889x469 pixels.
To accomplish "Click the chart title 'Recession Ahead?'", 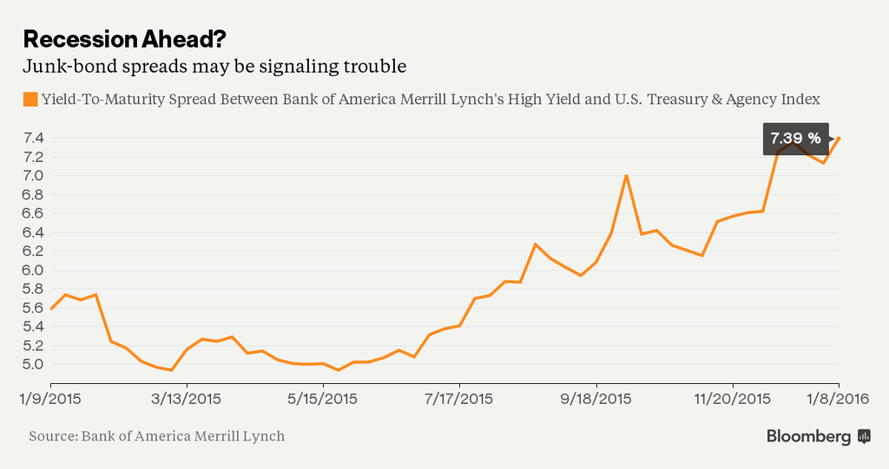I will point(128,39).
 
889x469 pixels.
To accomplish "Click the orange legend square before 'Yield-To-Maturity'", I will point(30,99).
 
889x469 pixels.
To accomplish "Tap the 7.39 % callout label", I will point(793,139).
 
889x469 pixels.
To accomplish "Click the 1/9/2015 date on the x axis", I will point(51,399).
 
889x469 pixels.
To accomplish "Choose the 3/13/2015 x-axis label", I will point(188,399).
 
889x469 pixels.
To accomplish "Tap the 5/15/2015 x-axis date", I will point(323,399).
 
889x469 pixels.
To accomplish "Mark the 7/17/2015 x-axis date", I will point(459,399).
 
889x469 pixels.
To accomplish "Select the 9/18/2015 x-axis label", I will point(596,399).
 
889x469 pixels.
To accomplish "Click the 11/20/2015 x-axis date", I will point(733,399).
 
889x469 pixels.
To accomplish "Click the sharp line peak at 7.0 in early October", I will point(626,176).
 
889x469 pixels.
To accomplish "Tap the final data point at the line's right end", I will point(839,139).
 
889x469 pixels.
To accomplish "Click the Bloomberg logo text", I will point(808,437).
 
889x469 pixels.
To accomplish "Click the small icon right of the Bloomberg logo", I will point(864,436).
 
